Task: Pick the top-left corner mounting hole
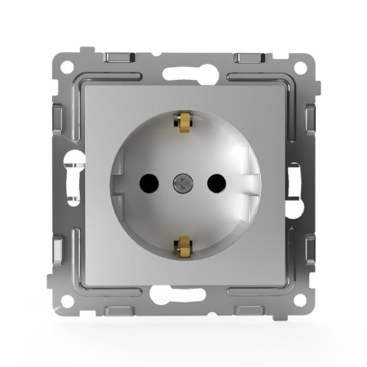coord(67,65)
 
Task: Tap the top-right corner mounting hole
coord(300,65)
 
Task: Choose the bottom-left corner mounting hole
coord(67,300)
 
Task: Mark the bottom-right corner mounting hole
coord(300,300)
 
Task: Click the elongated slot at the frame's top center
coord(183,72)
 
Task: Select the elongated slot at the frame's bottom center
coord(183,294)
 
